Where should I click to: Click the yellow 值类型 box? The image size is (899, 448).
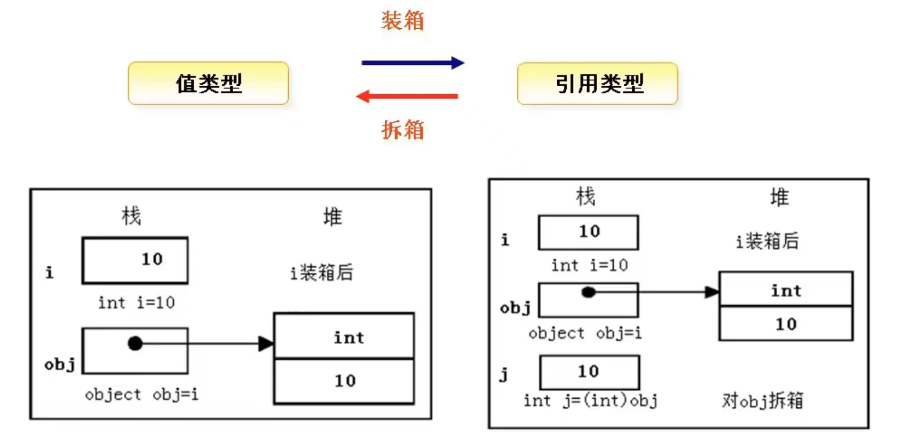[208, 83]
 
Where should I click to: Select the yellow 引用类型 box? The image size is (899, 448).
[597, 84]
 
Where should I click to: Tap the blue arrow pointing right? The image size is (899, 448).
[412, 63]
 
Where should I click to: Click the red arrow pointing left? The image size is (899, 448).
[407, 96]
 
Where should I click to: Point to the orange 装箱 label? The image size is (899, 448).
[403, 21]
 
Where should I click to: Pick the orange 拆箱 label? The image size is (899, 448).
[403, 129]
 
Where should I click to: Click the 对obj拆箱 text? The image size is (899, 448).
[762, 401]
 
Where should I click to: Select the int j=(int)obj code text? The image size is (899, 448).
[590, 401]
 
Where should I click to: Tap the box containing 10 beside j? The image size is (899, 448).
[589, 372]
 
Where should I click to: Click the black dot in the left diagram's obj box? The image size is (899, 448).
[135, 343]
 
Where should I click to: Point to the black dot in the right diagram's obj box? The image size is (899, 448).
[588, 292]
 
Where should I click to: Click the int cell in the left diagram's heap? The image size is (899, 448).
[344, 337]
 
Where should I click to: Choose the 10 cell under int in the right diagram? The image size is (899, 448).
[786, 324]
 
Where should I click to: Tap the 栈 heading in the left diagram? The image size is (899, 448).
[131, 216]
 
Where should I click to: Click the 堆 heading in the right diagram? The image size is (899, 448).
[779, 198]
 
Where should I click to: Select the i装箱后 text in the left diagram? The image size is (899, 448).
[322, 273]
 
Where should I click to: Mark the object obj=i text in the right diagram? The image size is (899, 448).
[585, 333]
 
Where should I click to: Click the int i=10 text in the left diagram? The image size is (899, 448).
[136, 303]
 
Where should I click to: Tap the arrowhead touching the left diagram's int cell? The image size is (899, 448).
[266, 343]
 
